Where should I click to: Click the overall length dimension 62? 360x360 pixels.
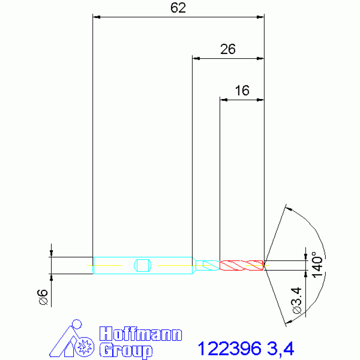178,8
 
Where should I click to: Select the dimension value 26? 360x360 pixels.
228,49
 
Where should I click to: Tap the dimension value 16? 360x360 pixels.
242,91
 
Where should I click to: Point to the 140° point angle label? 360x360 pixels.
317,265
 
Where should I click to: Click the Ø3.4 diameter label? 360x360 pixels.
297,300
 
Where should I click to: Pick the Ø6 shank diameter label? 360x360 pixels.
42,297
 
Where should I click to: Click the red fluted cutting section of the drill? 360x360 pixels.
242,265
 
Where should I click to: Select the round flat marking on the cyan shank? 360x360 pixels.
142,265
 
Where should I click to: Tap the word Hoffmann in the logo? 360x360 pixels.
140,334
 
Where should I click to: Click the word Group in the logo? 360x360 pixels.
126,351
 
